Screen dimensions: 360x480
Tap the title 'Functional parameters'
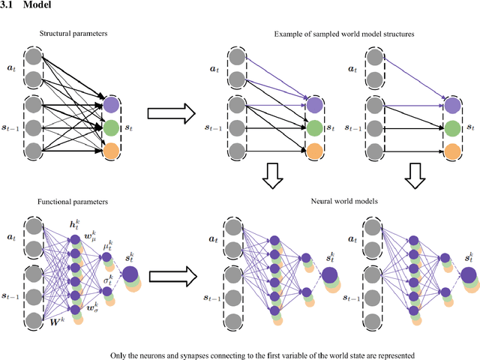pyautogui.click(x=73, y=202)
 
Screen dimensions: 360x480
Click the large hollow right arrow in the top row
pyautogui.click(x=172, y=114)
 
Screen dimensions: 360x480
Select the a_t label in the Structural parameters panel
pyautogui.click(x=10, y=68)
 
